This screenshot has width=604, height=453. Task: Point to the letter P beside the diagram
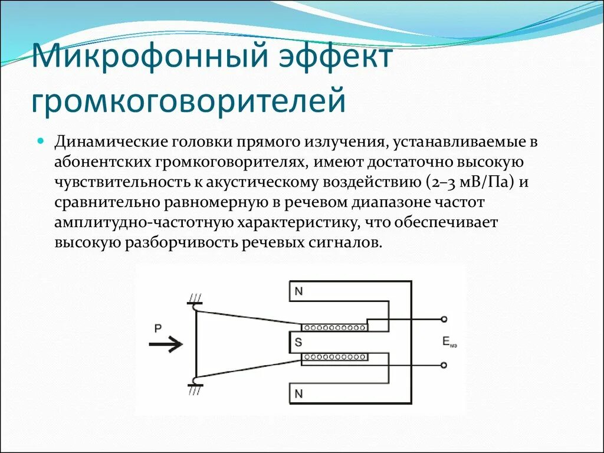pos(157,329)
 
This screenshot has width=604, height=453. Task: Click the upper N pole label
pos(298,291)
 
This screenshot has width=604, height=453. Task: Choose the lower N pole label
pos(298,393)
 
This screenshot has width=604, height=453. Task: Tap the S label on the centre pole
pos(298,342)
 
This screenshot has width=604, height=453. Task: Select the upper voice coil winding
pos(334,327)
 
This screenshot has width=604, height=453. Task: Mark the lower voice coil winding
pos(334,357)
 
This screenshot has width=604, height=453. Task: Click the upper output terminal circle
pos(444,319)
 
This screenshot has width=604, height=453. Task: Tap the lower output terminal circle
pos(444,365)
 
